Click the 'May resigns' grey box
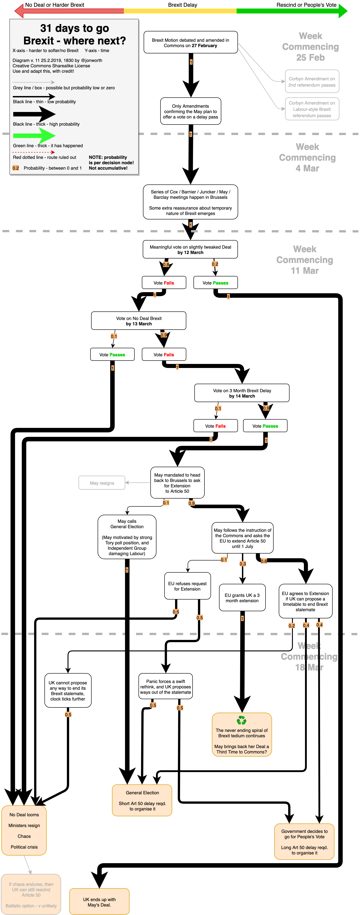(102, 483)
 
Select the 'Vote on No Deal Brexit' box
(139, 321)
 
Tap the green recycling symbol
(242, 720)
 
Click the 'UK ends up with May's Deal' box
(99, 902)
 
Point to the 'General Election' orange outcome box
(142, 800)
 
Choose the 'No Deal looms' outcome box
(24, 830)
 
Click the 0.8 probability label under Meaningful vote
(166, 265)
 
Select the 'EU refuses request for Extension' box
(187, 586)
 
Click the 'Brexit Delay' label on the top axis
(182, 5)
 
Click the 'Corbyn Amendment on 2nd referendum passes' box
(312, 82)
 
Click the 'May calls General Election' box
(127, 537)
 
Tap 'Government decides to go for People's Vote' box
(304, 841)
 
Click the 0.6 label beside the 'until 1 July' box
(264, 561)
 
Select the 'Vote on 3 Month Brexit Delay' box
(242, 393)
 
